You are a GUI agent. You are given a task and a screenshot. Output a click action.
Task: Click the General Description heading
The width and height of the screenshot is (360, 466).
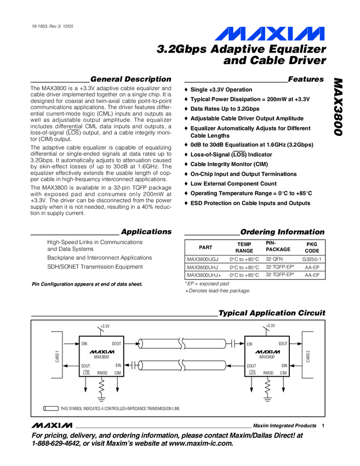pos(130,79)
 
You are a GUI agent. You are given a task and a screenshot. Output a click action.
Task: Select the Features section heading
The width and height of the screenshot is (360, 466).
pos(306,79)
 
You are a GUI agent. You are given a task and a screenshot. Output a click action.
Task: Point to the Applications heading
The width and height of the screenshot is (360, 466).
pos(146,231)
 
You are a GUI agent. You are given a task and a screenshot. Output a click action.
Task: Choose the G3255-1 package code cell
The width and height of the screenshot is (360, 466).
pos(311,258)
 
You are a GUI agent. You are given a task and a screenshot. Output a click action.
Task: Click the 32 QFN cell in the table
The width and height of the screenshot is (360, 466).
pos(276,258)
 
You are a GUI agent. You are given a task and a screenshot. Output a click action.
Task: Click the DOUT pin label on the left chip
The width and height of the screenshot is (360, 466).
pos(116,343)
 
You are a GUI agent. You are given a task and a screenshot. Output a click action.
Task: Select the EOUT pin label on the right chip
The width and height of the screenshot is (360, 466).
pos(283,343)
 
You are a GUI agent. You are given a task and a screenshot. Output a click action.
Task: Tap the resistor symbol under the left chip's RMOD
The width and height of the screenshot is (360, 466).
pos(102,387)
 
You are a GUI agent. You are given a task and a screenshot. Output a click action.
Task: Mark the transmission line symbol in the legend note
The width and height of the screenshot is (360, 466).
pos(51,408)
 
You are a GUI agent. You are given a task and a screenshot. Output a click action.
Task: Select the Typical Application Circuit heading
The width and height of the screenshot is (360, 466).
pos(271,313)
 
